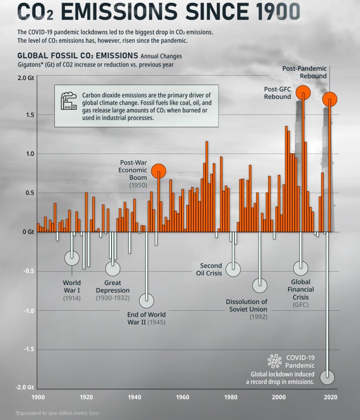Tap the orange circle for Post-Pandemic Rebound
[330, 99]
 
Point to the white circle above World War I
[72, 258]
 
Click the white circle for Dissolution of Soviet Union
[260, 285]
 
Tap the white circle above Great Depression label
[113, 268]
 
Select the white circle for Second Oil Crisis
[233, 269]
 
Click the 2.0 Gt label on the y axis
[25, 78]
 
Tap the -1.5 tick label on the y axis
[27, 349]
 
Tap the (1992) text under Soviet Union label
[258, 317]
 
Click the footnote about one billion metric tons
[57, 413]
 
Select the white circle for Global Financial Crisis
[301, 268]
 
